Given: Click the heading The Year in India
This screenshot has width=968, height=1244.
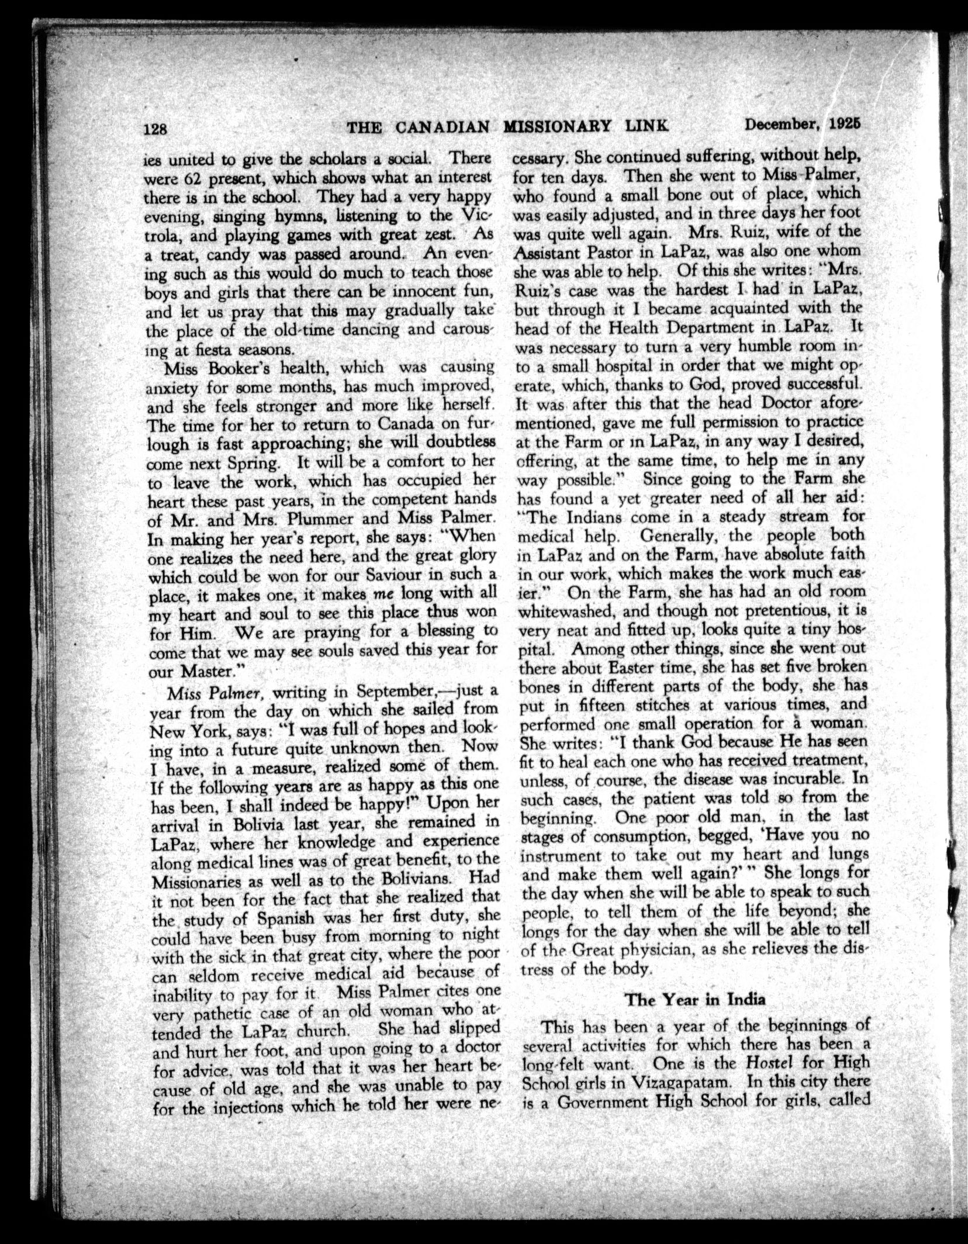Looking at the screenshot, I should [695, 999].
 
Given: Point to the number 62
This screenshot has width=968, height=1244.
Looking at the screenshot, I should [196, 178].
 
